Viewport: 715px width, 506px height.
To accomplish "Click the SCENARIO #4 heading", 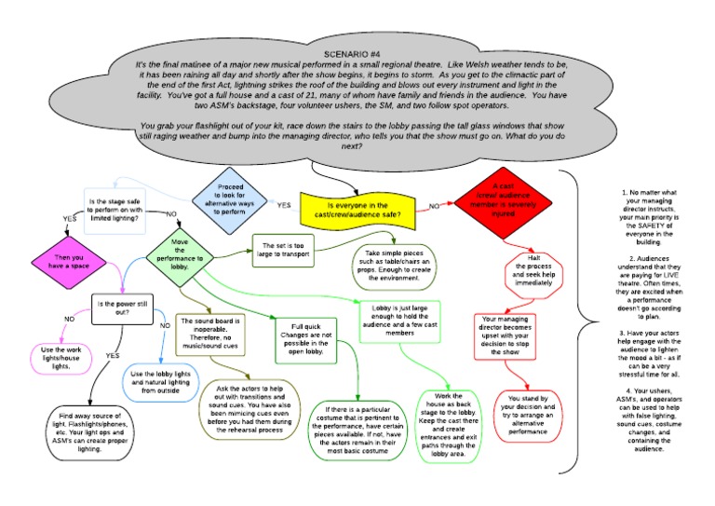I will [x=357, y=54].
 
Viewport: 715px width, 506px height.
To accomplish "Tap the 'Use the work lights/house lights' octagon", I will [x=66, y=359].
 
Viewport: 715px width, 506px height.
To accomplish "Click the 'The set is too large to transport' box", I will [x=288, y=251].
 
